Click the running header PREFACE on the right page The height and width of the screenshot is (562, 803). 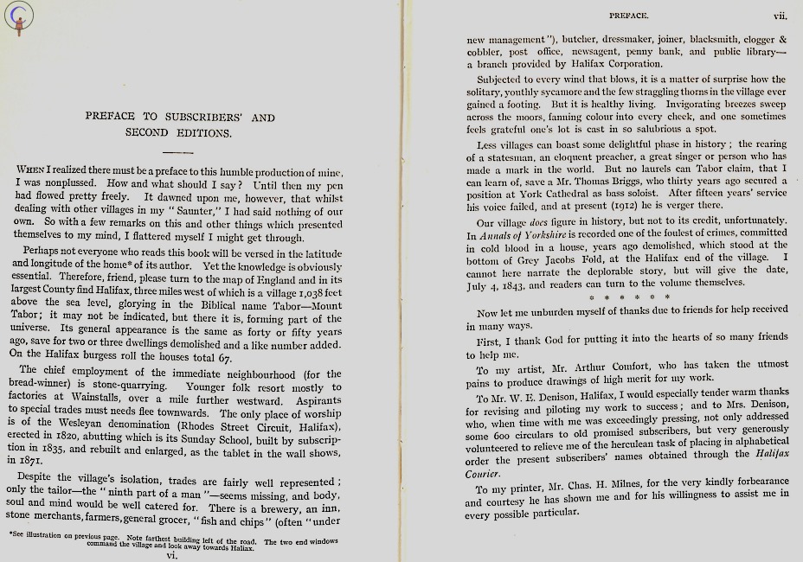point(628,15)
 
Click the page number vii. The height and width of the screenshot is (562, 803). point(779,15)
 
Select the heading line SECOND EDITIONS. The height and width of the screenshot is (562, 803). point(178,133)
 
